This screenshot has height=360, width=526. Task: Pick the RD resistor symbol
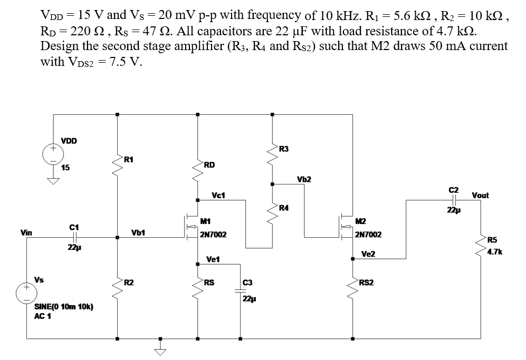[197, 169]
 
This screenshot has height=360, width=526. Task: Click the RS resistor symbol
[197, 287]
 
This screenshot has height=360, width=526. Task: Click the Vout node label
[480, 195]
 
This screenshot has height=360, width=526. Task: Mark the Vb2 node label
[304, 179]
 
